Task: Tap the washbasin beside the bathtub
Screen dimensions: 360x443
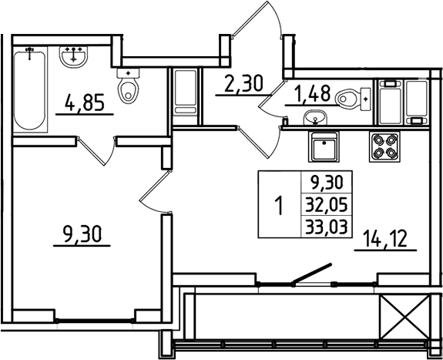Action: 75,56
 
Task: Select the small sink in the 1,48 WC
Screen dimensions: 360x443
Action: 314,119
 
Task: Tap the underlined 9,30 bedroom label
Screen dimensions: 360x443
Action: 81,234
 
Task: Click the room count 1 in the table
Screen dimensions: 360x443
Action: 279,206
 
